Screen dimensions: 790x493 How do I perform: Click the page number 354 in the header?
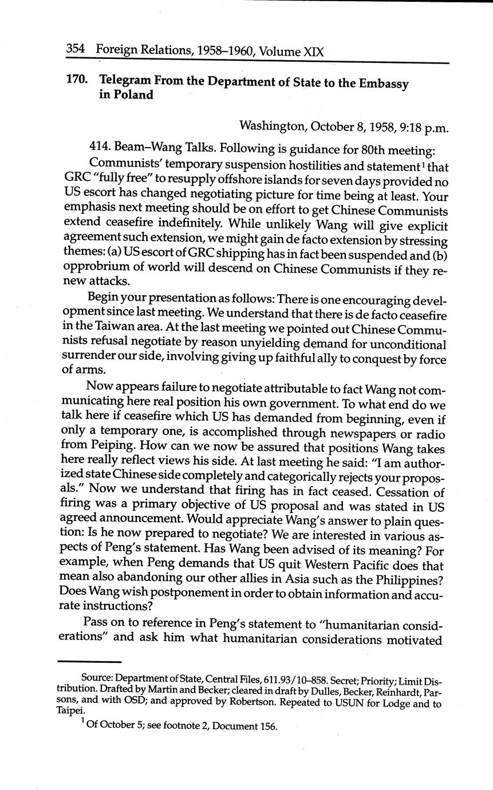76,50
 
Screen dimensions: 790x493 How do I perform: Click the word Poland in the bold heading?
135,95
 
